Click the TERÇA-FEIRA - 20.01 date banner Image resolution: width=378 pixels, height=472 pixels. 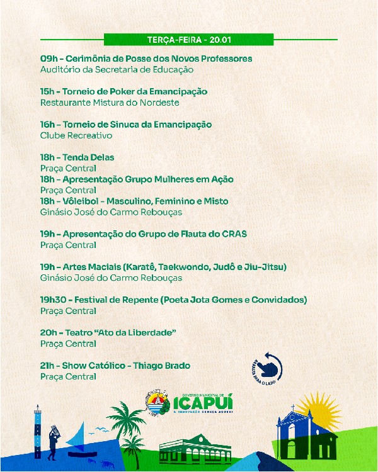[x=189, y=40]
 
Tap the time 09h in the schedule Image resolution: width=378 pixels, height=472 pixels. [x=49, y=59]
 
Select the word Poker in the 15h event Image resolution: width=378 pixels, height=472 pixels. [x=120, y=91]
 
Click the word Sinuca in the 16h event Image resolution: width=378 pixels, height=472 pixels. [x=123, y=124]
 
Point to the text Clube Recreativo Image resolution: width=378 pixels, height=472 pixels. [x=76, y=135]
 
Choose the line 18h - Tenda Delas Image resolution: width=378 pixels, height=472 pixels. [x=77, y=157]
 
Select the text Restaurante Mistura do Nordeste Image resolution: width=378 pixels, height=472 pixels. [x=110, y=103]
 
